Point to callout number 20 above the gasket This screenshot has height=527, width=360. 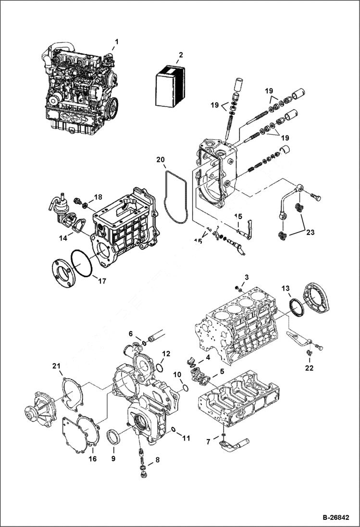tap(160, 159)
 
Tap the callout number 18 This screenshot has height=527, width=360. tap(99, 197)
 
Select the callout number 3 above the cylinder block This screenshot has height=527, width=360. tap(246, 277)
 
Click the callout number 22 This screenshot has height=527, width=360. tap(309, 368)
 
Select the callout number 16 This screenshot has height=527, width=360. tap(92, 459)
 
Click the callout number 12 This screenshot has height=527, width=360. tap(166, 353)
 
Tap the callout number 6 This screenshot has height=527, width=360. tap(130, 333)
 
